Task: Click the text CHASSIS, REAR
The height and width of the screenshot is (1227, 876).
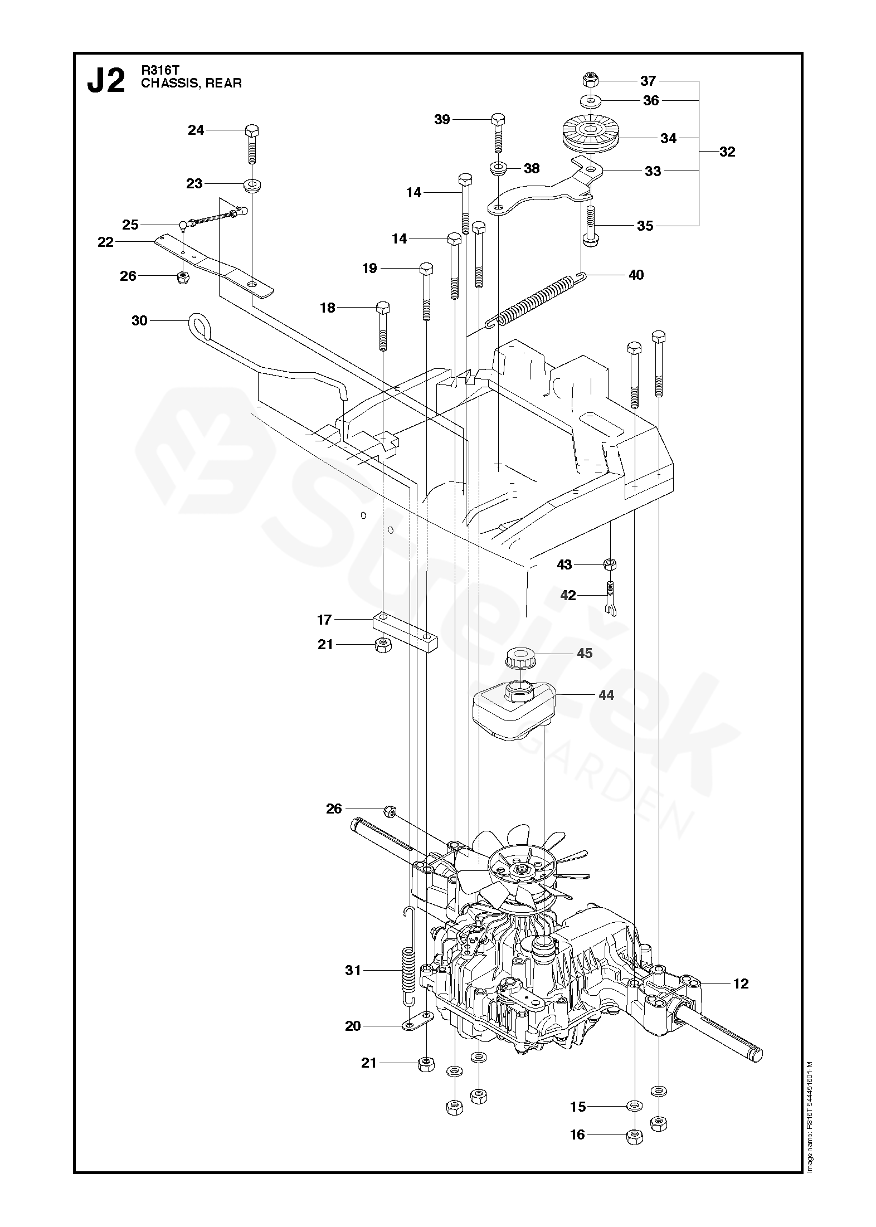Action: tap(191, 84)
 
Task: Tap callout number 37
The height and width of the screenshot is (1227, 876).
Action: tap(648, 81)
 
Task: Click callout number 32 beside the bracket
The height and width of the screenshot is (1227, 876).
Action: tap(727, 152)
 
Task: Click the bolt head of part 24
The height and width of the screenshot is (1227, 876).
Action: tap(252, 132)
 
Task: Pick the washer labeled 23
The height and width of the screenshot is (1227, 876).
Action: tap(252, 184)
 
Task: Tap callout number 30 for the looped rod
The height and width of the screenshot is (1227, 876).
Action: tap(139, 320)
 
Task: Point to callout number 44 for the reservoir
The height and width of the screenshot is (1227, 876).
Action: tap(606, 695)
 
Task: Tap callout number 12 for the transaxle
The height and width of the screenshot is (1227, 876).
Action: tap(741, 983)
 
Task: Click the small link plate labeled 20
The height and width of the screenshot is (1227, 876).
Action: tap(417, 1021)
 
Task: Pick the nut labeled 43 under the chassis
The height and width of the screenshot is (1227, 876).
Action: tap(611, 564)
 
